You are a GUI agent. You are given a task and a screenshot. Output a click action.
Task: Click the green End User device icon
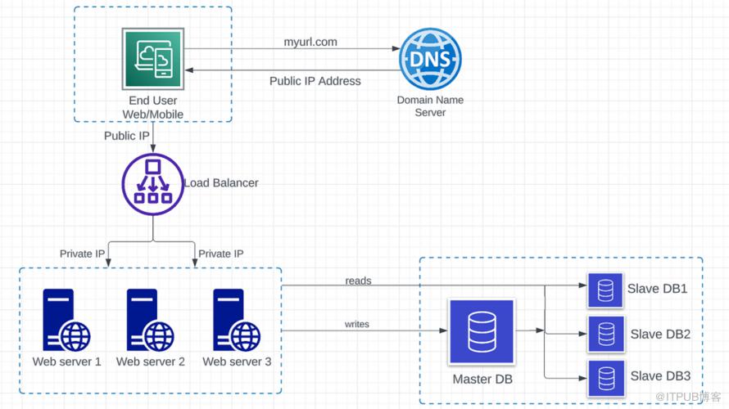tap(152, 59)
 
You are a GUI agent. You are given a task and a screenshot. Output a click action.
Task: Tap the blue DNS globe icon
tap(430, 59)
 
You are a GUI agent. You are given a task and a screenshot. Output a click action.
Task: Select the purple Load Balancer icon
tap(153, 184)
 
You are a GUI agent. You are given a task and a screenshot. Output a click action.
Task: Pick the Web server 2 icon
tap(150, 320)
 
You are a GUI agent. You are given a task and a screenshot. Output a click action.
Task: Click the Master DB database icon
tap(482, 332)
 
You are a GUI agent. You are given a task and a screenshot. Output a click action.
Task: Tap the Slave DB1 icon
tap(605, 290)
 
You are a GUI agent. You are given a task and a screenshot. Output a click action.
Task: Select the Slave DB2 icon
tap(606, 334)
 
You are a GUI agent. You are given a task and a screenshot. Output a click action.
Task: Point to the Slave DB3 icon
tap(606, 378)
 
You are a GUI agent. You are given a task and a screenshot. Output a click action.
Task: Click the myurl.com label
tap(310, 42)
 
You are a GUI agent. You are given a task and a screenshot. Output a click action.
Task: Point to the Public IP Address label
tap(315, 81)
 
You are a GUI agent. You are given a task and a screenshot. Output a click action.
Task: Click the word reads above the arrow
tap(358, 281)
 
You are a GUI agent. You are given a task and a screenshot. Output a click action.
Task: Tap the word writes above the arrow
tap(356, 324)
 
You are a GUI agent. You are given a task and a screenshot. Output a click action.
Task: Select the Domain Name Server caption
tap(430, 106)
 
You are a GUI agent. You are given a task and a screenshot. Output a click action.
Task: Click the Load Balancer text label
tap(221, 182)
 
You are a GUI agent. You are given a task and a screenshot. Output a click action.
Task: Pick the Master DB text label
tap(483, 380)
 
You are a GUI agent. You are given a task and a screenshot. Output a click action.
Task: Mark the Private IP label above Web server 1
tap(82, 254)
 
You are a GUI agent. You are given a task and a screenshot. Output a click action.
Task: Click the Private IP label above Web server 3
tap(221, 254)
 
